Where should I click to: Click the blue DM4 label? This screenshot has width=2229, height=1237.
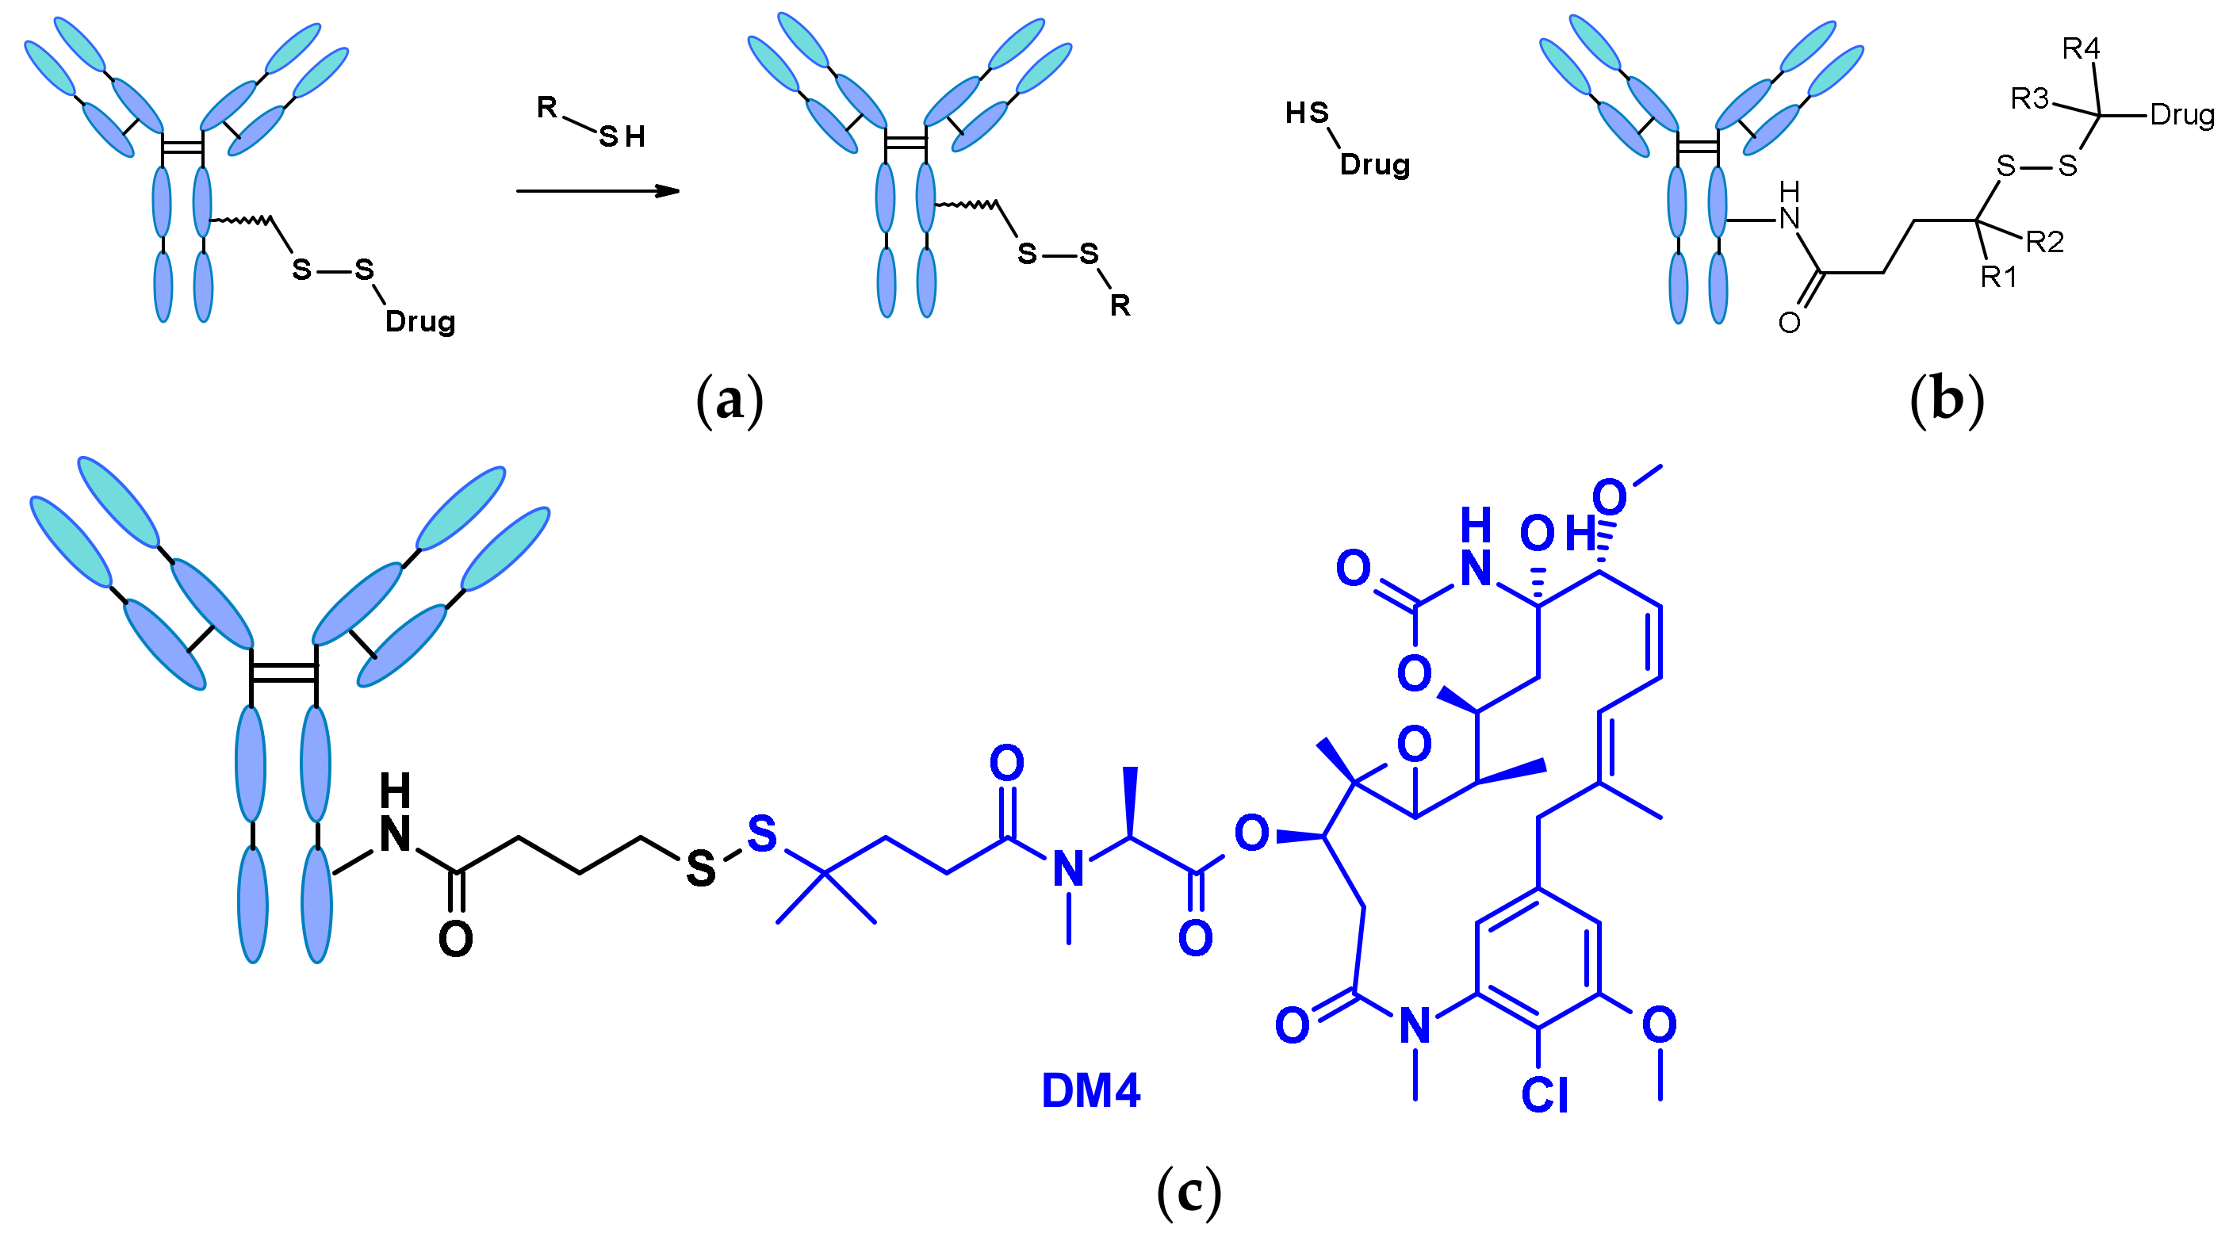(1090, 1091)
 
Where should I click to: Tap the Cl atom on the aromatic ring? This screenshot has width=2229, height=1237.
(1545, 1095)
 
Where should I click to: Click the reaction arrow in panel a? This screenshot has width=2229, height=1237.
(597, 190)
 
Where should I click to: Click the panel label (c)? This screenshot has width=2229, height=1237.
(1189, 1191)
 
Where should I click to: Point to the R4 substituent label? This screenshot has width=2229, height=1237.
(2080, 49)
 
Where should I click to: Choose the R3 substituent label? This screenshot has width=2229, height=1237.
(2029, 99)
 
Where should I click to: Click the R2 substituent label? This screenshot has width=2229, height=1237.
(2045, 242)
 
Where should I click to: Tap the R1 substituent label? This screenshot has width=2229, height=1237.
(1999, 277)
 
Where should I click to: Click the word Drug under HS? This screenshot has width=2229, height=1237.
(1374, 164)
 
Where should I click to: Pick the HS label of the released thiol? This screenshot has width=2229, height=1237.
(1307, 113)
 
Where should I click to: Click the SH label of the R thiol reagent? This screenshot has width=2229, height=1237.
(622, 136)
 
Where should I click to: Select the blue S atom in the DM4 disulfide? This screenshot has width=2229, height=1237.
(761, 833)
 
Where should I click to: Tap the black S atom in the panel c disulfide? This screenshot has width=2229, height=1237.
(701, 868)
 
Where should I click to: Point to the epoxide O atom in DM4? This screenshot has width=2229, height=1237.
(1414, 744)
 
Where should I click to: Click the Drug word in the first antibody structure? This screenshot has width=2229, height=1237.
(419, 322)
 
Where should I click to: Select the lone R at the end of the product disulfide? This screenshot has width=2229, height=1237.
(1120, 305)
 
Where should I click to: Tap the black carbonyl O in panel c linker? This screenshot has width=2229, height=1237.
(456, 939)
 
